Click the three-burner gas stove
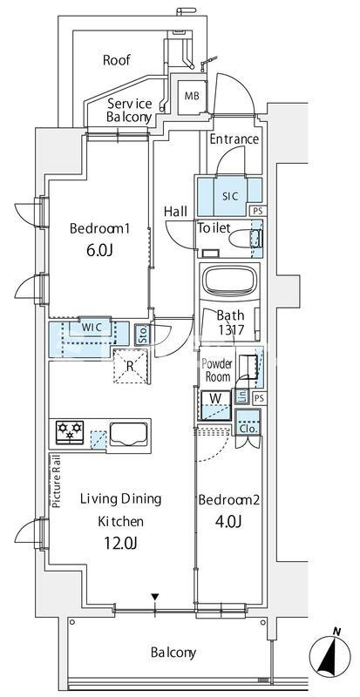pyautogui.click(x=70, y=431)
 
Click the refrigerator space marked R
pyautogui.click(x=130, y=367)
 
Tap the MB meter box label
pyautogui.click(x=193, y=96)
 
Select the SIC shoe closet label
pyautogui.click(x=230, y=196)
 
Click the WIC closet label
pyautogui.click(x=92, y=328)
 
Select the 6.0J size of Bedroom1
pyautogui.click(x=98, y=250)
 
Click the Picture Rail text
pyautogui.click(x=56, y=482)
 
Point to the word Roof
pyautogui.click(x=117, y=60)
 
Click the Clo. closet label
pyautogui.click(x=248, y=429)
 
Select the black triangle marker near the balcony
pyautogui.click(x=154, y=597)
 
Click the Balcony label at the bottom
pyautogui.click(x=173, y=653)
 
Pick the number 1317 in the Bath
pyautogui.click(x=230, y=330)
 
